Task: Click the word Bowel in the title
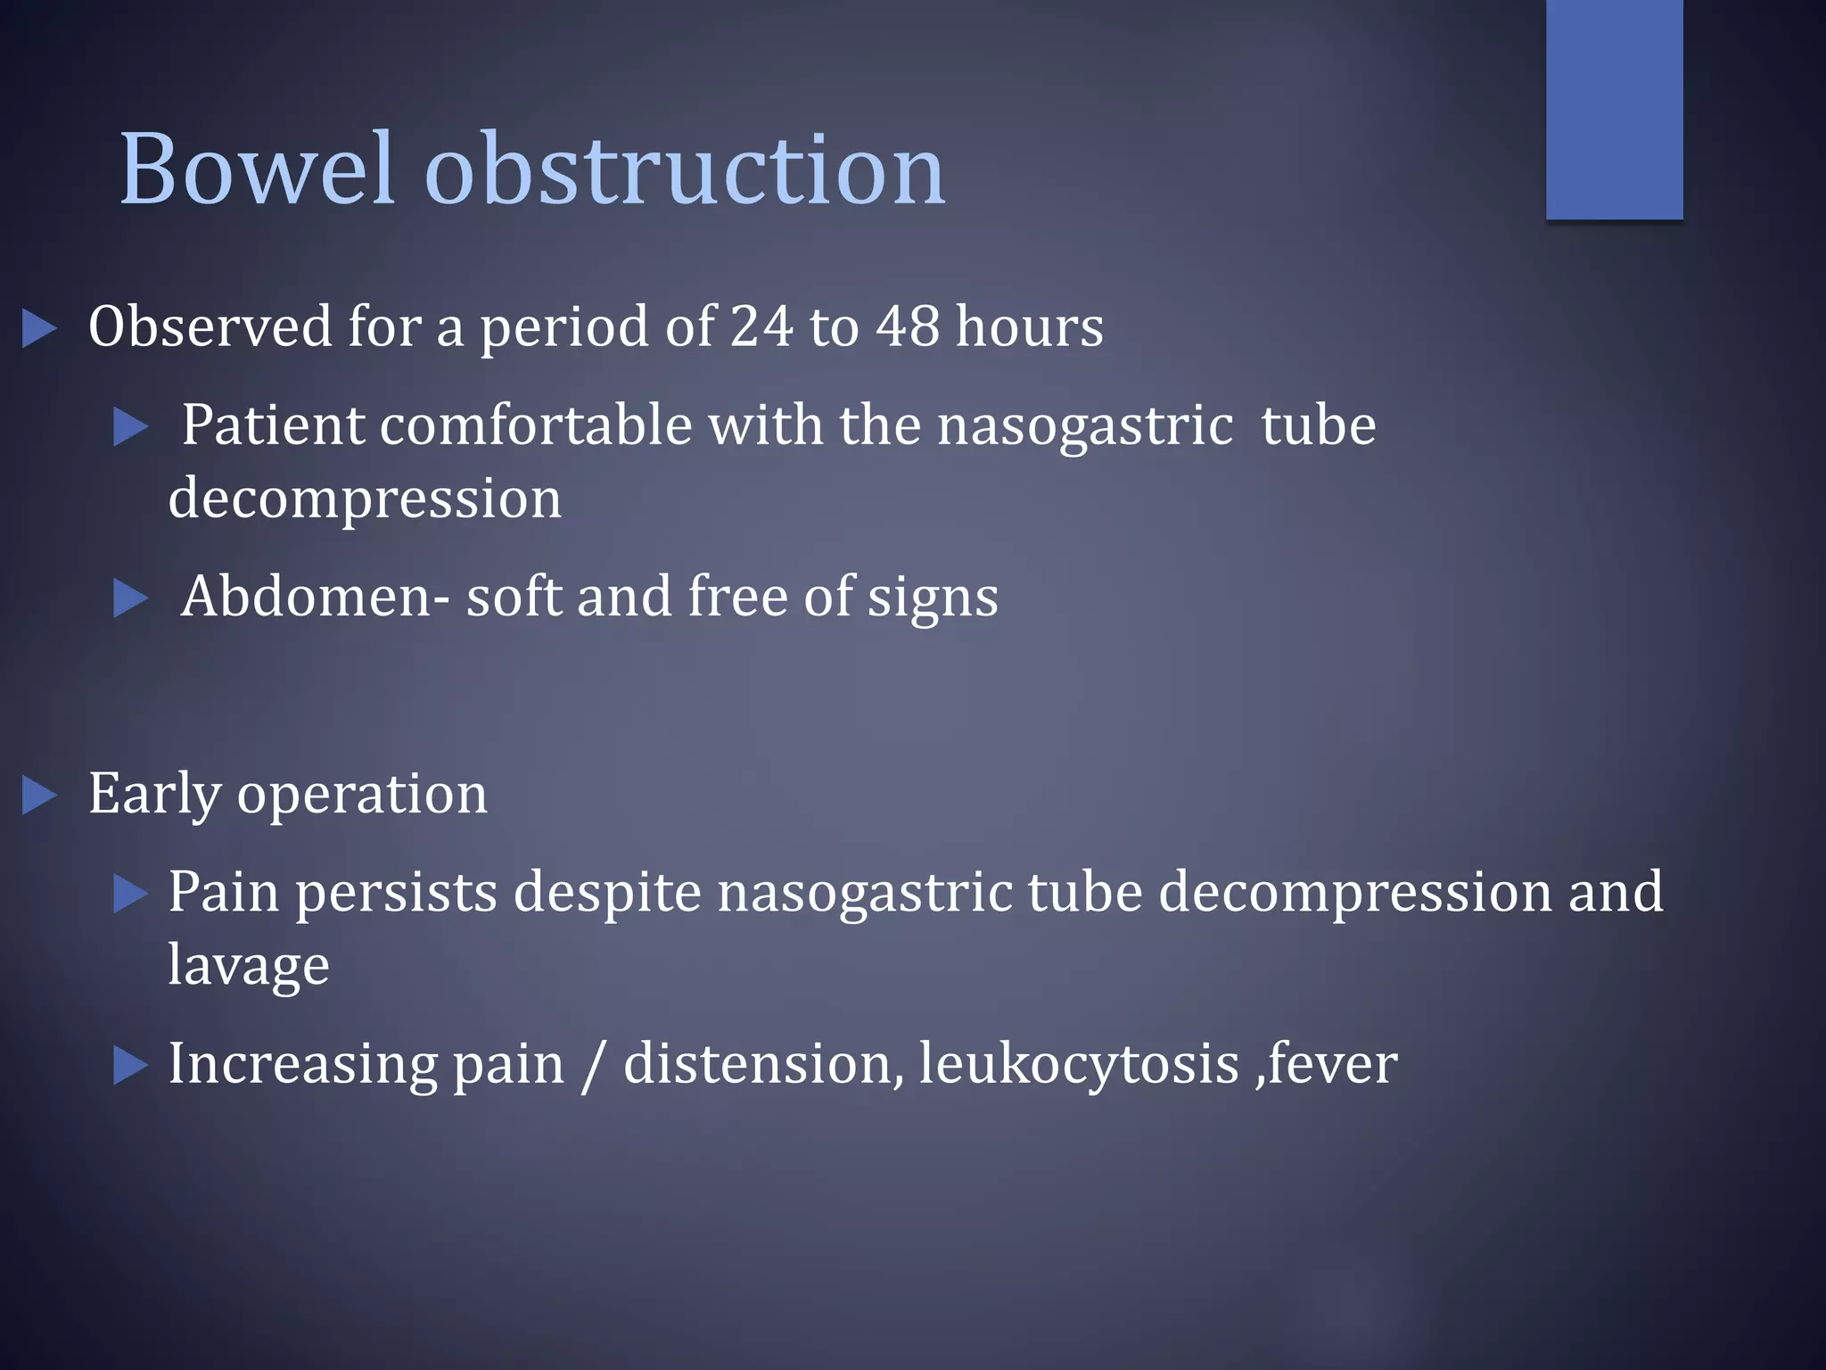[x=256, y=169]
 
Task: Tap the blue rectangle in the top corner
[x=1614, y=109]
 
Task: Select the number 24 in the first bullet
[x=761, y=326]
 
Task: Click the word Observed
[x=210, y=326]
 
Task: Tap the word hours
[x=1029, y=326]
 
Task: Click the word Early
[x=154, y=794]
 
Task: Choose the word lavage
[x=248, y=966]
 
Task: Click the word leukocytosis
[x=1079, y=1064]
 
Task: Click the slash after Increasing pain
[x=590, y=1067]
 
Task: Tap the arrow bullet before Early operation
[x=39, y=796]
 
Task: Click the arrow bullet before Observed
[x=39, y=328]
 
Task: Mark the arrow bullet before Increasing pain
[x=131, y=1066]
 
